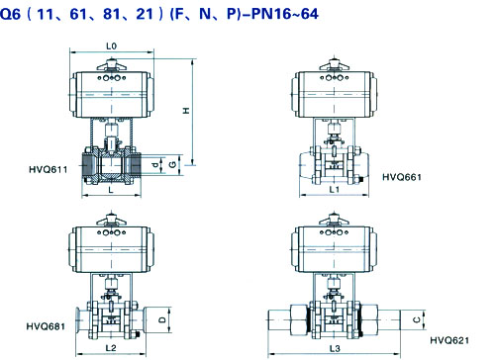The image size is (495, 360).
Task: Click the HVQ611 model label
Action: (x=49, y=170)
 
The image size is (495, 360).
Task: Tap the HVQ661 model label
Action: (x=402, y=177)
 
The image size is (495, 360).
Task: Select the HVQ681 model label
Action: (x=46, y=326)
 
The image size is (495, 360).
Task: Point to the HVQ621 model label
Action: (x=449, y=340)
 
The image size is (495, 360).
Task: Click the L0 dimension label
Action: (x=112, y=46)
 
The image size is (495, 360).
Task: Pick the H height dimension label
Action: (x=187, y=111)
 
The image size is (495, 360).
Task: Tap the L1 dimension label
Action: (x=335, y=189)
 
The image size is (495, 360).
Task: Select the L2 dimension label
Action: (x=111, y=348)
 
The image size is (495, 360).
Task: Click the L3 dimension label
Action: (x=335, y=348)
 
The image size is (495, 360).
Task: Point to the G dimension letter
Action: (x=173, y=164)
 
